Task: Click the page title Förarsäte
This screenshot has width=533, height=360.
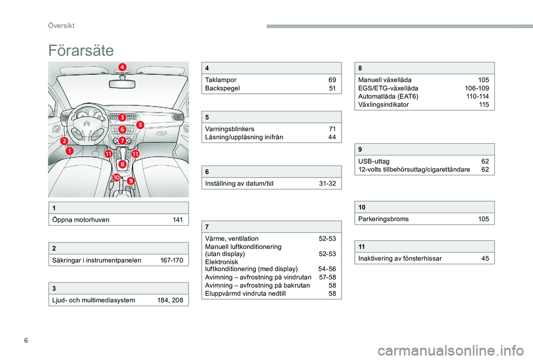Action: pyautogui.click(x=81, y=51)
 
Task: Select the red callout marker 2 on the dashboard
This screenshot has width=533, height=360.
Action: pyautogui.click(x=65, y=143)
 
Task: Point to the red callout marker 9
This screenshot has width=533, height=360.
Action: pyautogui.click(x=131, y=181)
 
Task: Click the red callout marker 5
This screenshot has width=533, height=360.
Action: pyautogui.click(x=140, y=125)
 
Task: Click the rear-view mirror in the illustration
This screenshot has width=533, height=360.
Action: pyautogui.click(x=122, y=84)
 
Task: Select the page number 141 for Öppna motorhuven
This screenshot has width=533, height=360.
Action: pyautogui.click(x=178, y=220)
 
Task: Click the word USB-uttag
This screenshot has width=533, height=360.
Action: pyautogui.click(x=374, y=161)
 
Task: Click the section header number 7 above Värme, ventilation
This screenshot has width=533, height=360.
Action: pyautogui.click(x=207, y=227)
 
